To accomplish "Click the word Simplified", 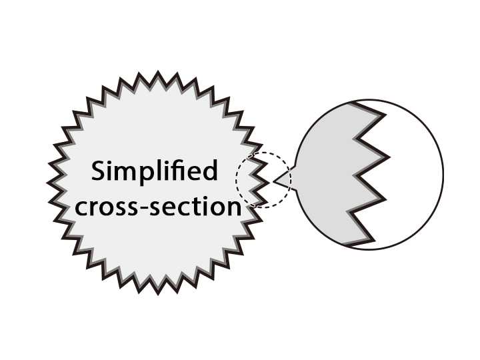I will point(155,172).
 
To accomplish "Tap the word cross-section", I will point(158,207).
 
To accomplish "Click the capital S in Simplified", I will point(98,171).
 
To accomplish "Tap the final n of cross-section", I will point(233,208).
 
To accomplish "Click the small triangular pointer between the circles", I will point(283,179).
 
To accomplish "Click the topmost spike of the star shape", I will point(158,72).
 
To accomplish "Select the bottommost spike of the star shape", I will point(158,293).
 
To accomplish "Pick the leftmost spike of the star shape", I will point(48,182).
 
